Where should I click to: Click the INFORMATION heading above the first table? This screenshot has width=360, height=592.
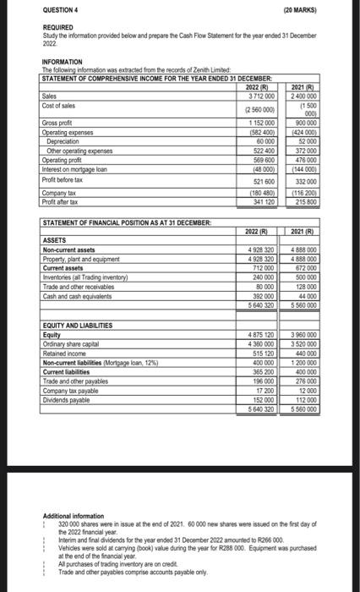coord(64,61)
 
